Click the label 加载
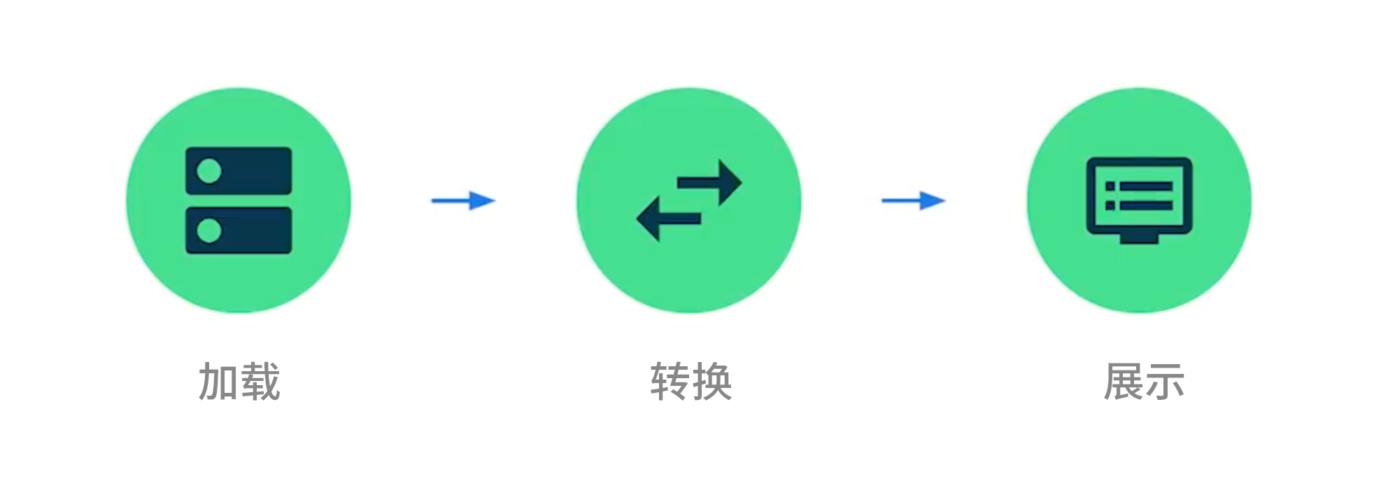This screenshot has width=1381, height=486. (239, 382)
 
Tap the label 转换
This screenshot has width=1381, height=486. (690, 382)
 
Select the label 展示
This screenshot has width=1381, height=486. (1143, 382)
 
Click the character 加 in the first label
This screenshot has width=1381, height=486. (219, 382)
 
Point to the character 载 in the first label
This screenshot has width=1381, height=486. (260, 382)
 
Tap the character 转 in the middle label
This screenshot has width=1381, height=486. (670, 382)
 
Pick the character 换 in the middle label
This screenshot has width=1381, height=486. (711, 382)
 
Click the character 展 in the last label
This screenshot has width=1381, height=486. (1123, 382)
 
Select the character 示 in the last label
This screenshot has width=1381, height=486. (1164, 382)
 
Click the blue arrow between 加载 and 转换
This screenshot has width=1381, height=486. (463, 201)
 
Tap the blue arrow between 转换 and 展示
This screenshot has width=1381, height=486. (913, 201)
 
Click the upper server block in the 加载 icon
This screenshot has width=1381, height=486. (252, 171)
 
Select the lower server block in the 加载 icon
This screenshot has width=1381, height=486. (252, 230)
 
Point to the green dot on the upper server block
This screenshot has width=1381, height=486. (209, 171)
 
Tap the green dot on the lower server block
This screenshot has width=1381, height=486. (209, 230)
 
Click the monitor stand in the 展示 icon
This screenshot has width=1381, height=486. (1139, 239)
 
